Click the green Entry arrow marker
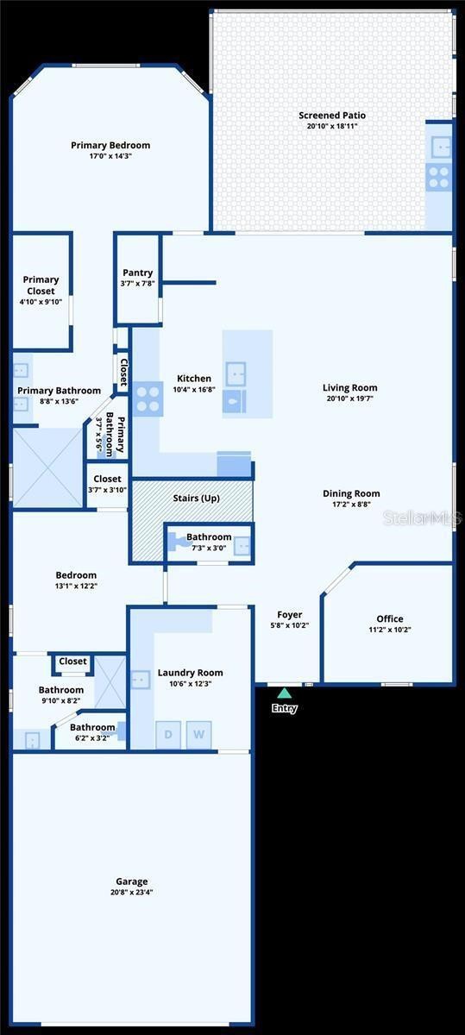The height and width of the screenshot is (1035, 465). [x=285, y=693]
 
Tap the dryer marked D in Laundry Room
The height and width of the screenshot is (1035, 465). [x=168, y=734]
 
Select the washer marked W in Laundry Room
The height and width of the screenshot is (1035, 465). [x=198, y=734]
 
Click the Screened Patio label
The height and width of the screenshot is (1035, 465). [x=332, y=115]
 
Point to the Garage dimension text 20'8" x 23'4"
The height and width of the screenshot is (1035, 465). [x=132, y=892]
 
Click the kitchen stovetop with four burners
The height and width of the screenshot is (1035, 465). [x=148, y=399]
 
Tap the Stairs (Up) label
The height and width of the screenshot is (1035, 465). [x=197, y=499]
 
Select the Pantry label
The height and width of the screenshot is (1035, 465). [x=138, y=273]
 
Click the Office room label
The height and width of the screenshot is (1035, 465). [x=390, y=618]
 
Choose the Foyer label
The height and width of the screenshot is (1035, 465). [x=290, y=614]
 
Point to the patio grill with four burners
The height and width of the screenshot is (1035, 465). [x=438, y=177]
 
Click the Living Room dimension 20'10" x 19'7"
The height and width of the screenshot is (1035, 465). [x=350, y=398]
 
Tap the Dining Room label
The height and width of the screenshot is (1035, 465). [x=351, y=493]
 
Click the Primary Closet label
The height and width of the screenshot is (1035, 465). [x=41, y=285]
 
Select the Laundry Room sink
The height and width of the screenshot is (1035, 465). [x=141, y=680]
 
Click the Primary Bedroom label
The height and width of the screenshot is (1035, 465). [x=110, y=145]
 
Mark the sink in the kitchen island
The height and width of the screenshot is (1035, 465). [x=236, y=374]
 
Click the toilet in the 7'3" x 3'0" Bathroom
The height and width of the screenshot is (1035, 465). [x=176, y=542]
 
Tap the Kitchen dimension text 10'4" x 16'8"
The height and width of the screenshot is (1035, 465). [x=194, y=390]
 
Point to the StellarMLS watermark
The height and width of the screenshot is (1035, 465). [x=423, y=518]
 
